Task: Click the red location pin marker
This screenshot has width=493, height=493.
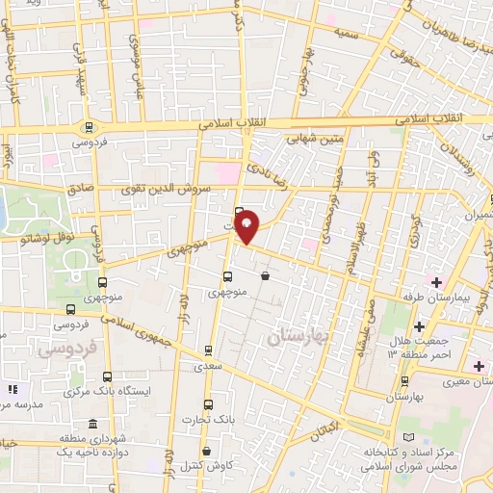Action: [x=247, y=227]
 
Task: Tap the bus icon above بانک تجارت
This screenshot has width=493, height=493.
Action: [x=209, y=404]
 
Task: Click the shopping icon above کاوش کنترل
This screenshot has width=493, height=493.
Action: [x=207, y=451]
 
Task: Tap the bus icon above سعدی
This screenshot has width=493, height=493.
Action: [x=209, y=350]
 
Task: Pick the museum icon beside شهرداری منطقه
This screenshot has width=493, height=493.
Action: [x=91, y=425]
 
